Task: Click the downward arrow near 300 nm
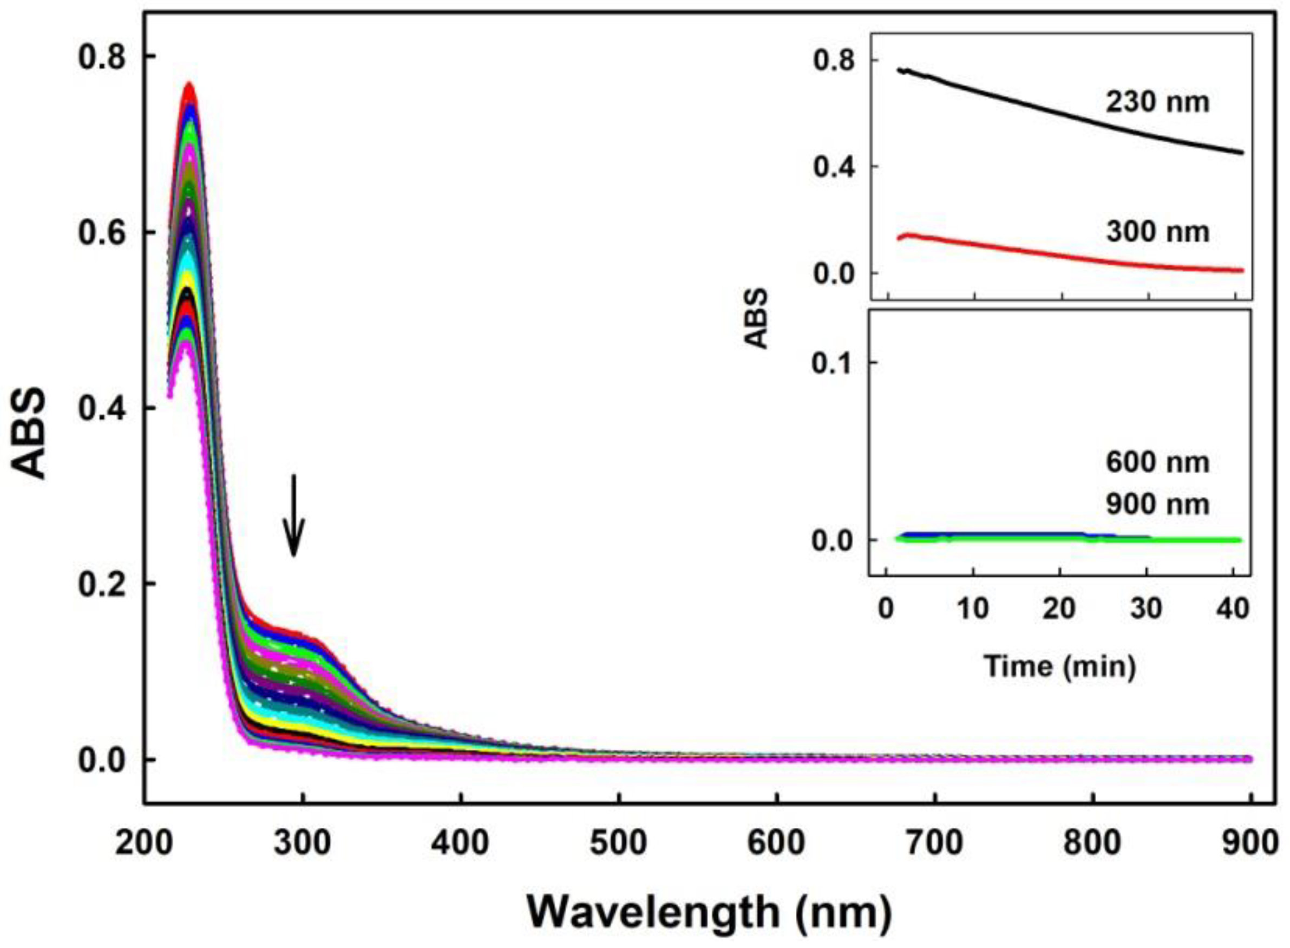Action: click(x=294, y=517)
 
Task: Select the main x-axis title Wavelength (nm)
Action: click(x=709, y=912)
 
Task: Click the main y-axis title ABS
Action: click(x=29, y=433)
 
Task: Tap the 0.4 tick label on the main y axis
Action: click(x=102, y=409)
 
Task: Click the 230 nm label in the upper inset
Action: click(x=1157, y=103)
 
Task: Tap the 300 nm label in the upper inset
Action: click(x=1157, y=232)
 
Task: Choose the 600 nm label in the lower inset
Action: click(x=1157, y=462)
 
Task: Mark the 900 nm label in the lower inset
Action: click(x=1157, y=505)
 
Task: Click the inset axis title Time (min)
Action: click(x=1060, y=666)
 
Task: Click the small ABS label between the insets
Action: click(x=757, y=318)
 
